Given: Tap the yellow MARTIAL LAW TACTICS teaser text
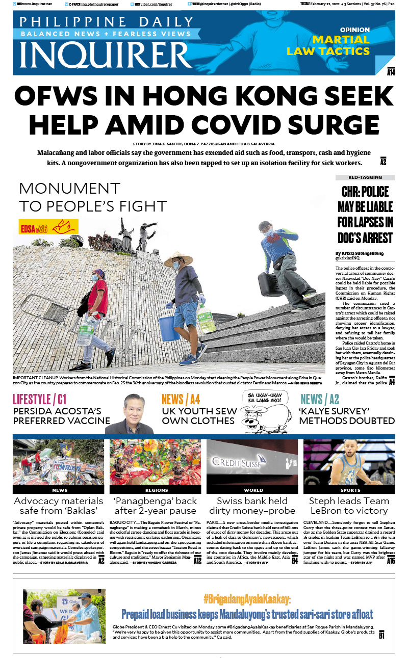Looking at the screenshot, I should coord(335,45).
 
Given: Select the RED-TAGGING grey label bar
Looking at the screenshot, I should coord(365,177).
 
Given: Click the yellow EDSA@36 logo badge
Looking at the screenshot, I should coord(48,226).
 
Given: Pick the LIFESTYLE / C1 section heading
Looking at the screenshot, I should coord(39,399).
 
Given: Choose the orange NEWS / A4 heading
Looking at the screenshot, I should coord(181,399).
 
